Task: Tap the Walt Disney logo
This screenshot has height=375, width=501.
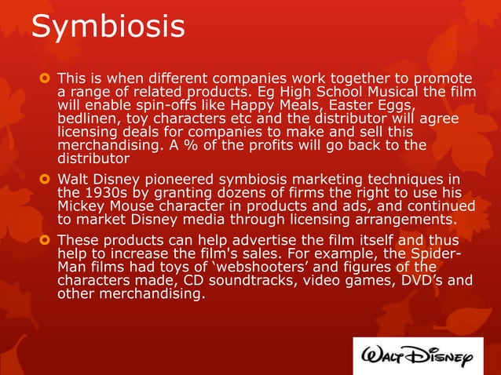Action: [418, 358]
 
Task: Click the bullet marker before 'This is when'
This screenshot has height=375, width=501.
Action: [45, 78]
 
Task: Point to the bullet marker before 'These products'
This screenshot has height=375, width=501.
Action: [45, 239]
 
